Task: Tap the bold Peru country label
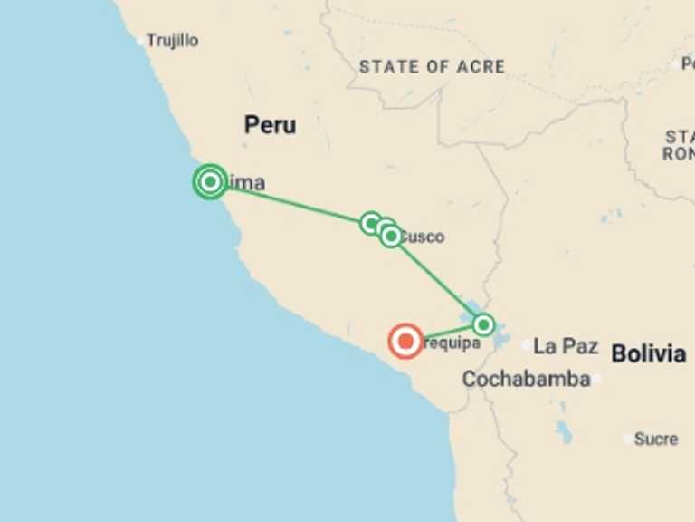[270, 125]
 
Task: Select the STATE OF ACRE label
[432, 66]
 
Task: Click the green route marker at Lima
[210, 182]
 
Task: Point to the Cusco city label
[423, 237]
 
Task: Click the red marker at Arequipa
[405, 341]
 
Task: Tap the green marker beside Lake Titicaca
[483, 324]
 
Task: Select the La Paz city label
[566, 345]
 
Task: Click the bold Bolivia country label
[648, 353]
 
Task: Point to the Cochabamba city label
[526, 380]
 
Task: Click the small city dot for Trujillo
[140, 41]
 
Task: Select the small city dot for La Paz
[527, 345]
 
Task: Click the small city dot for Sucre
[628, 440]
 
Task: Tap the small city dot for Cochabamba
[597, 380]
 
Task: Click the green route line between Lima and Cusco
[290, 202]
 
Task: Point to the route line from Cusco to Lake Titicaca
[437, 280]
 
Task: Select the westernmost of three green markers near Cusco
[371, 223]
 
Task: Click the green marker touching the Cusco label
[391, 237]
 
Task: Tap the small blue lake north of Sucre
[564, 433]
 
